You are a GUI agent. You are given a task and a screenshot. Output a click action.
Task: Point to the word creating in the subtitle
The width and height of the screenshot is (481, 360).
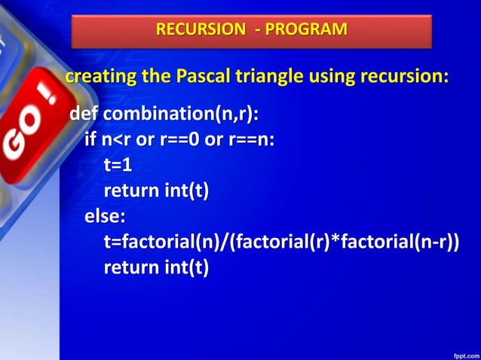coord(95,77)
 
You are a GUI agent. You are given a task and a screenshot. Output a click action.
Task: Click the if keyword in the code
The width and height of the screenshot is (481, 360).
coord(90,140)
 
